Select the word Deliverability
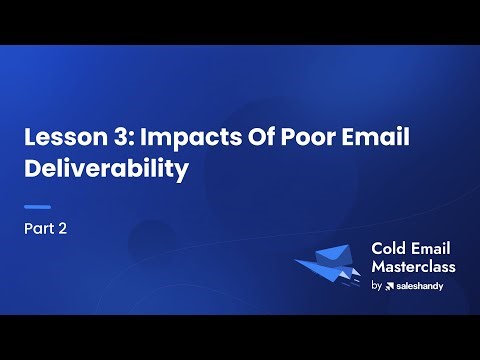pyautogui.click(x=106, y=169)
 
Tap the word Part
pyautogui.click(x=40, y=228)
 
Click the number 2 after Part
pyautogui.click(x=63, y=228)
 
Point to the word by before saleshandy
pyautogui.click(x=376, y=286)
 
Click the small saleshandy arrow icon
pyautogui.click(x=390, y=286)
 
